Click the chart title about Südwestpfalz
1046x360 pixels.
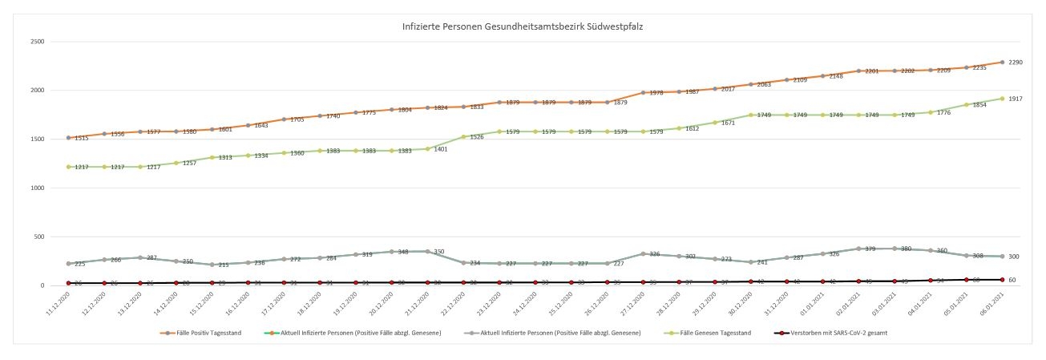pos(522,26)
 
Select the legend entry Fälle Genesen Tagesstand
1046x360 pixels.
pos(718,333)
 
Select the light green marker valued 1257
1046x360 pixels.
pos(176,163)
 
